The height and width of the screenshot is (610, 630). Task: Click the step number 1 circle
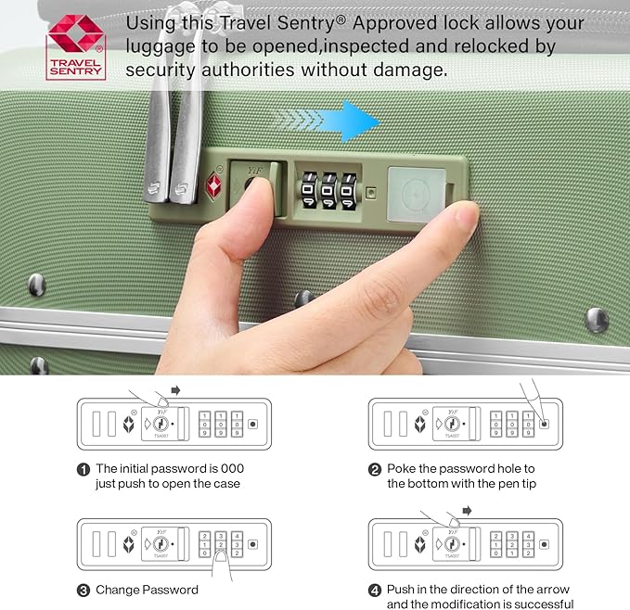tap(83, 469)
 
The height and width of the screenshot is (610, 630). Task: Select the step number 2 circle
tap(375, 469)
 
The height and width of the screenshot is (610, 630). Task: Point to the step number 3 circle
tap(83, 590)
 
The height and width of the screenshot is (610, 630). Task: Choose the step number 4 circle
tap(375, 590)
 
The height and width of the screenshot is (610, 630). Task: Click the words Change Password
tap(147, 590)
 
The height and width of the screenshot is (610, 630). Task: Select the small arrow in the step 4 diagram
tap(468, 510)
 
